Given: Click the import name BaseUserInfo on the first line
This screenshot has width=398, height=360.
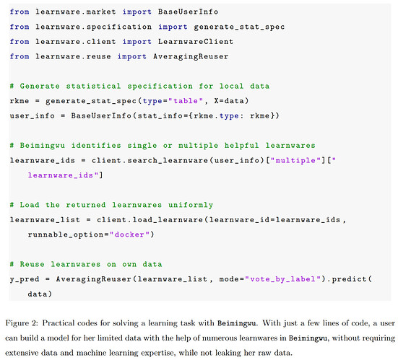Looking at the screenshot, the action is [188, 12].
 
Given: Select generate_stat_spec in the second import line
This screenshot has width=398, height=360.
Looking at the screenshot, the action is [239, 27].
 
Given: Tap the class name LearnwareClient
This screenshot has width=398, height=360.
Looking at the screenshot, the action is [196, 42].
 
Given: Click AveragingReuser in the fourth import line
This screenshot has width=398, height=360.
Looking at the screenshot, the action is [191, 56].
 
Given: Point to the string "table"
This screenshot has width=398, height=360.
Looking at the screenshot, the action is [186, 101].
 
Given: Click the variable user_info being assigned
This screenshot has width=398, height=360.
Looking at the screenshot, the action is [33, 116].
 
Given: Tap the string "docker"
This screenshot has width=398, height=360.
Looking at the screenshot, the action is [129, 234].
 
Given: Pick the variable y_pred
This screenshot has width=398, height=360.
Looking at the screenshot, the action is [25, 279].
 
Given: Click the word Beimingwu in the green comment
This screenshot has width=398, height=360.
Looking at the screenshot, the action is [42, 146].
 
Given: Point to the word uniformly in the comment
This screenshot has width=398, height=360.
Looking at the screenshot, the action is [191, 205].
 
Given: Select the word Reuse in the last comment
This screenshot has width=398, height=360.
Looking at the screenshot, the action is [32, 264].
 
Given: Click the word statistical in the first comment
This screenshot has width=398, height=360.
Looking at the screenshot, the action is [93, 86].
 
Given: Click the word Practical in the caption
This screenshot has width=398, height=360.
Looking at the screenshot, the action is [59, 323].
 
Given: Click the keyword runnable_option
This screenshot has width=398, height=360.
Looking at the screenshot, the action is [66, 234].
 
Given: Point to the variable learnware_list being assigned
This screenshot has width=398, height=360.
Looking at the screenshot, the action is [45, 220].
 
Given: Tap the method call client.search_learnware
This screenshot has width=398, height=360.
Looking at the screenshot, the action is [150, 160].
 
